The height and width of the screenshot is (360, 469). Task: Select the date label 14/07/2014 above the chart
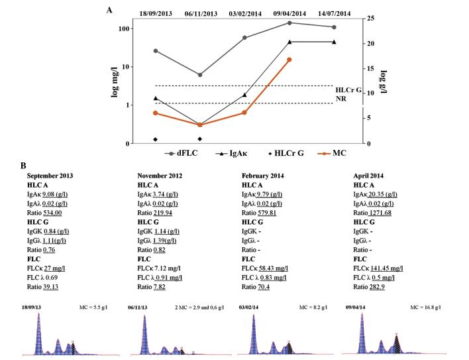pyautogui.click(x=334, y=13)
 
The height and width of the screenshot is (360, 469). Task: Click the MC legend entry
pyautogui.click(x=329, y=153)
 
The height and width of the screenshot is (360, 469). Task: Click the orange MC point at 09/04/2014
pyautogui.click(x=289, y=60)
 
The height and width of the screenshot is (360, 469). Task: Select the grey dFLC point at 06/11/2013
pyautogui.click(x=200, y=75)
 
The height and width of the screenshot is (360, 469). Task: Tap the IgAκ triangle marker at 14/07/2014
pyautogui.click(x=334, y=42)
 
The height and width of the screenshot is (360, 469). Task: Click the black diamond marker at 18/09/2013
pyautogui.click(x=156, y=139)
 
